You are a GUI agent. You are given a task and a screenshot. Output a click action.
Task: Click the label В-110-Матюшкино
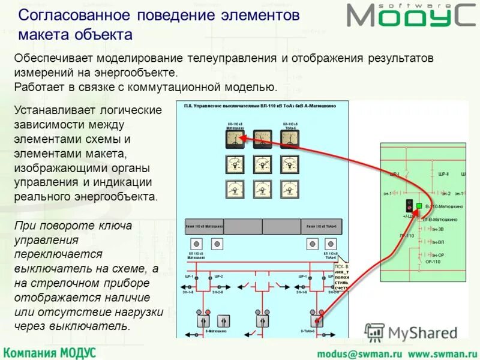coord(444,206)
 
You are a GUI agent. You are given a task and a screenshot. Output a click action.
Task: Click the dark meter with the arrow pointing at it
coord(235,140)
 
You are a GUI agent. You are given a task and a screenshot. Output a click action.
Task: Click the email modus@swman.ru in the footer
coord(350,352)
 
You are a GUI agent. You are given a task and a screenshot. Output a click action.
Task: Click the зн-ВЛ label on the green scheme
coord(440,242)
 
